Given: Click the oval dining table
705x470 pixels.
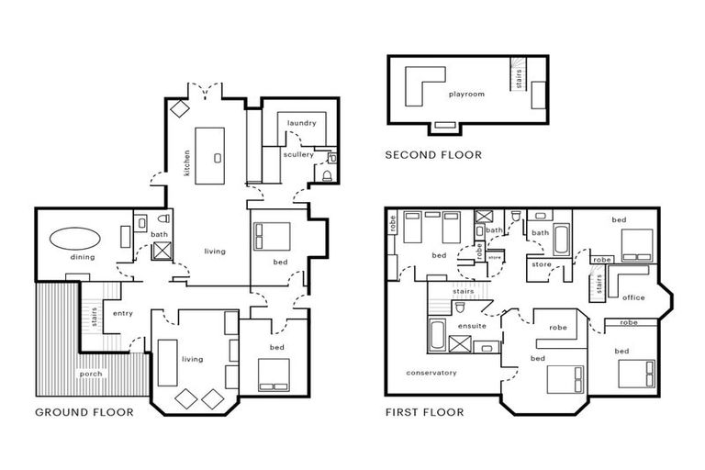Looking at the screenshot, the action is (74, 239).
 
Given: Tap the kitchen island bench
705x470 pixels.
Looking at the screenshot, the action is (209, 156).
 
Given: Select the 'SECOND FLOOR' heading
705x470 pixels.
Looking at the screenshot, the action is (433, 155).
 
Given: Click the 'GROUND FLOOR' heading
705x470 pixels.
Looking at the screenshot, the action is (84, 412).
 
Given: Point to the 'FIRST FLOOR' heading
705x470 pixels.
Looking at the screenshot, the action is (424, 412).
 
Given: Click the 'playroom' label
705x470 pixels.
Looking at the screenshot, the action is (466, 94).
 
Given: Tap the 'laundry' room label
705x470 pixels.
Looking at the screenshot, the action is (302, 123).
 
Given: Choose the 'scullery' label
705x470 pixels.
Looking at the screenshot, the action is (298, 154).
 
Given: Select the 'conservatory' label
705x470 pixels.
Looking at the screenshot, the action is (431, 373).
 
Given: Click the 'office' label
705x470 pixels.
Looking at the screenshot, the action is (633, 297).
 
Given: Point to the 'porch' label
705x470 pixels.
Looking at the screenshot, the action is (91, 374).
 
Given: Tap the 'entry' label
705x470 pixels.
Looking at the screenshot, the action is (123, 313).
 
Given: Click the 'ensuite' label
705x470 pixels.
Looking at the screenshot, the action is (472, 326).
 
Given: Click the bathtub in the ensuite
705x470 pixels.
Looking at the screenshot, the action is (436, 334).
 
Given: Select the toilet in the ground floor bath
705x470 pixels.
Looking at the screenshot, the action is (163, 218).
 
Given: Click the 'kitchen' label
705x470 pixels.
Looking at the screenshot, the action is (186, 162).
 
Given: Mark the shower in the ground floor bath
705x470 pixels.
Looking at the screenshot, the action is (162, 251).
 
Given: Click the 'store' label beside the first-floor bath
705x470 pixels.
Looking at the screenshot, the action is (542, 264).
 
